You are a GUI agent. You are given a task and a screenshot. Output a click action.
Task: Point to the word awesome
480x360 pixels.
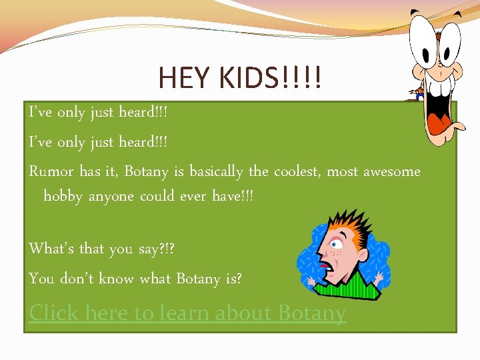pos(392,171)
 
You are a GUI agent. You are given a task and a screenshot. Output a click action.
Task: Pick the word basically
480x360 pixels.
pos(216,171)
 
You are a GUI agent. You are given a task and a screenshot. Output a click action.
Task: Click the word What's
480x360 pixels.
pos(51,249)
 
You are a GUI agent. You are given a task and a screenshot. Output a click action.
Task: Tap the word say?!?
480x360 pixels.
pos(157,249)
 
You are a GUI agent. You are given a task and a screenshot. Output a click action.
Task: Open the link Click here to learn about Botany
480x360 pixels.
pos(187,313)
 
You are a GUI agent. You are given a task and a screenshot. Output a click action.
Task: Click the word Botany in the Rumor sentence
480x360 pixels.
pos(147,171)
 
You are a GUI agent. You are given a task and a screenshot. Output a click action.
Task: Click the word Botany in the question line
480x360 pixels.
pos(199,279)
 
